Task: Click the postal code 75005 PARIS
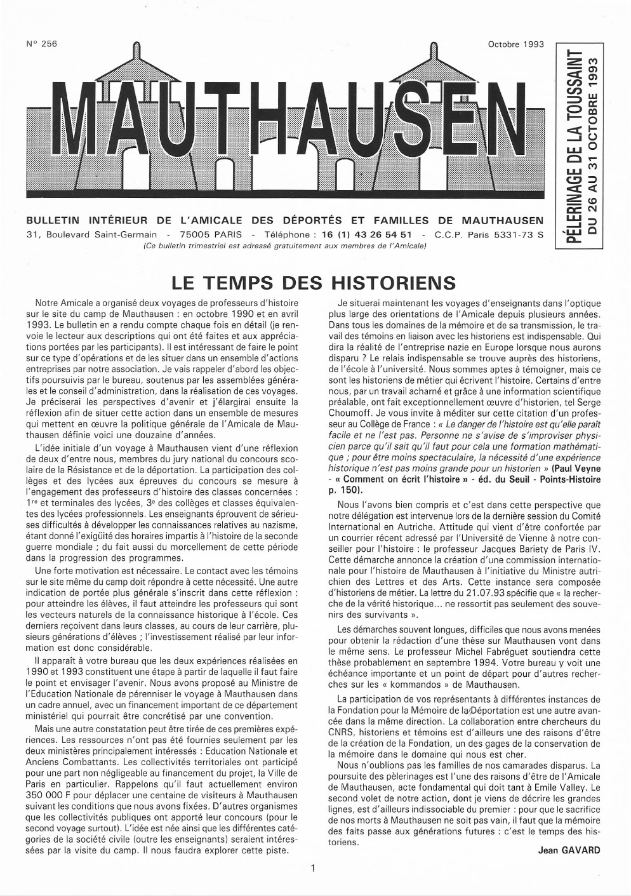pos(206,234)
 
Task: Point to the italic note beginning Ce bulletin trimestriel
pos(284,246)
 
